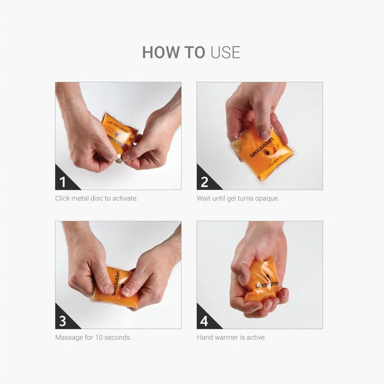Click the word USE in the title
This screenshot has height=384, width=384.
coord(225,52)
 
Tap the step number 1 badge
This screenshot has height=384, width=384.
coord(63,182)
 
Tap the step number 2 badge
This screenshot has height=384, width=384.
coord(204,182)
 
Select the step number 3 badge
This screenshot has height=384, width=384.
coord(63,321)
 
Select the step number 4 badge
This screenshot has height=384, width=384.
coord(204,321)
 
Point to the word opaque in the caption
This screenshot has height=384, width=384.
coord(266,198)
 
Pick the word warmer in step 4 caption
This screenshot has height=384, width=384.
coord(226,337)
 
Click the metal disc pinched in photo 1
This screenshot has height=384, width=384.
coord(119,160)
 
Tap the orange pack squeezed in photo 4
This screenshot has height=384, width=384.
coord(263,281)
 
